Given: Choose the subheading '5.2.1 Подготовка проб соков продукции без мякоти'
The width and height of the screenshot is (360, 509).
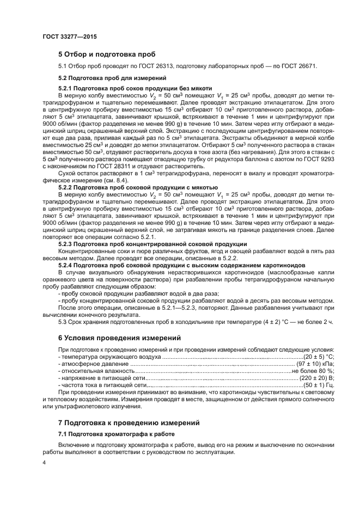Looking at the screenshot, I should (x=135, y=88).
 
